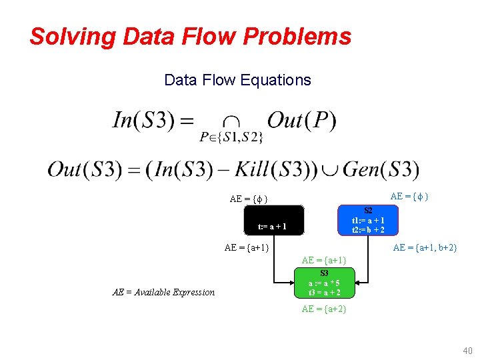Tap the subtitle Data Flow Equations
pyautogui.click(x=237, y=81)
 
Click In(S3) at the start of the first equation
pyautogui.click(x=153, y=121)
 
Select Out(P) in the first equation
pyautogui.click(x=301, y=121)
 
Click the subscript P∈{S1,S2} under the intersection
pyautogui.click(x=231, y=138)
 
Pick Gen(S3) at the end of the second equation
pyautogui.click(x=381, y=169)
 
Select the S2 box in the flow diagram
pyautogui.click(x=367, y=220)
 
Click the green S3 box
pyautogui.click(x=324, y=283)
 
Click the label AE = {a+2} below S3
pyautogui.click(x=324, y=309)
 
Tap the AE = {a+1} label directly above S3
pyautogui.click(x=324, y=260)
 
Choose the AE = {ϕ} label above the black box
pyautogui.click(x=249, y=199)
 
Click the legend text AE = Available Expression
pyautogui.click(x=164, y=292)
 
